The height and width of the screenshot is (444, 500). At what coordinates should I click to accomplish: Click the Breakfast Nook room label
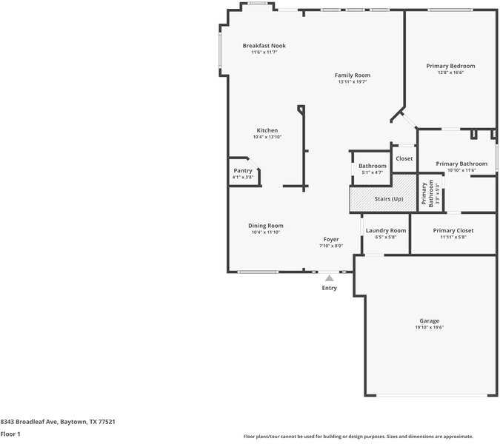tap(264, 46)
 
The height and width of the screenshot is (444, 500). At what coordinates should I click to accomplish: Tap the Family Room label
tap(353, 75)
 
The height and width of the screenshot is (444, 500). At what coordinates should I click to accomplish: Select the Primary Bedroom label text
tap(450, 67)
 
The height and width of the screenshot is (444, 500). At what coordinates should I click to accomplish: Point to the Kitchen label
tap(267, 130)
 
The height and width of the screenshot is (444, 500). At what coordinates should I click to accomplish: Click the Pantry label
tap(243, 171)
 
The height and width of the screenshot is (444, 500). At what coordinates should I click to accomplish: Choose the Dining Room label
tap(266, 226)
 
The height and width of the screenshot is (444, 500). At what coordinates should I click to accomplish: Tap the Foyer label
tap(331, 240)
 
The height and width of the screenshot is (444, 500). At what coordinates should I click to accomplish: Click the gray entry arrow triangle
tap(330, 278)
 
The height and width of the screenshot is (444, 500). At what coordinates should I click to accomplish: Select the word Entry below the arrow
tap(330, 288)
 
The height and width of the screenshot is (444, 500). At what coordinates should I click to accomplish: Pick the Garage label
tap(429, 321)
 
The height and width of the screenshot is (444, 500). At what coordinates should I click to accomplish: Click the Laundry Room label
tap(386, 231)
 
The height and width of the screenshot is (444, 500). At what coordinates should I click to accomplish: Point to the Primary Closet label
tap(453, 231)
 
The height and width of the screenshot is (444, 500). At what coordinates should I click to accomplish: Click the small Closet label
tap(404, 158)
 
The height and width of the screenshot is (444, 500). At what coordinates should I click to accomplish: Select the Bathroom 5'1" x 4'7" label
tap(373, 169)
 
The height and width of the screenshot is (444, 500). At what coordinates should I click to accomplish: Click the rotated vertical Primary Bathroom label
tap(427, 194)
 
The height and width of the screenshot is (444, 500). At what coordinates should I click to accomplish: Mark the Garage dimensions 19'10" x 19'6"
tap(429, 327)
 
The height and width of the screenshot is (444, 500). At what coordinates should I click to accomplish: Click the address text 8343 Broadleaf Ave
tap(29, 422)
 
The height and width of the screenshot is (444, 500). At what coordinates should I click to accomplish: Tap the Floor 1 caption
tap(10, 434)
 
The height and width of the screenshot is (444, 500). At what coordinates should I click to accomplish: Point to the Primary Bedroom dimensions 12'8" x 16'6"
tap(450, 73)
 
